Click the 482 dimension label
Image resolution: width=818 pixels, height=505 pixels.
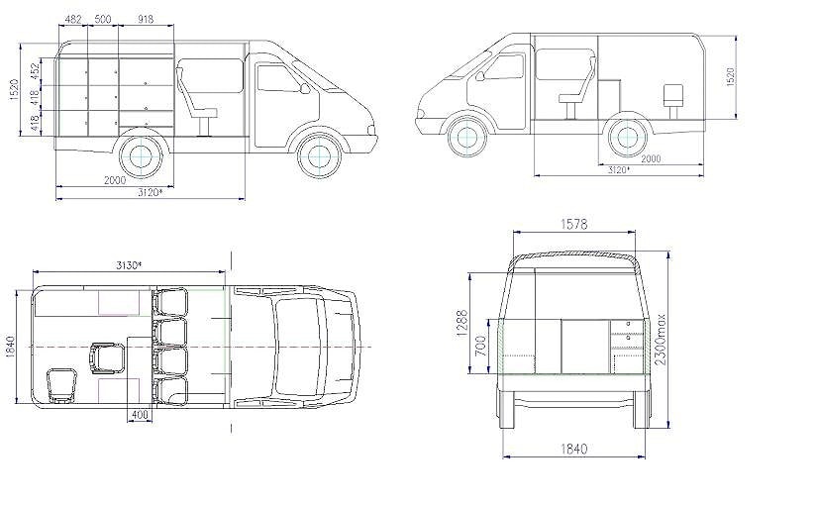(73, 19)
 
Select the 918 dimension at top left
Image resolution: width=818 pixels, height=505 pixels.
(147, 19)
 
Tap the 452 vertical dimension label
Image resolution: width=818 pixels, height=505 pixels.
(35, 71)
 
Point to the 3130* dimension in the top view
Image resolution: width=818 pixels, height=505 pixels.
(129, 265)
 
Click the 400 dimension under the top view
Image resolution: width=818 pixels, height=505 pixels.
(140, 415)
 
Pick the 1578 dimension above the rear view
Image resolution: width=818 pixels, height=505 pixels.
(573, 225)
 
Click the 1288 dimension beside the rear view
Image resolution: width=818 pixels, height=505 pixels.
(462, 324)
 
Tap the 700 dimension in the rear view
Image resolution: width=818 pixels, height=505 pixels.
(481, 346)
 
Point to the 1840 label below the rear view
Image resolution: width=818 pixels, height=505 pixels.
(573, 449)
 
